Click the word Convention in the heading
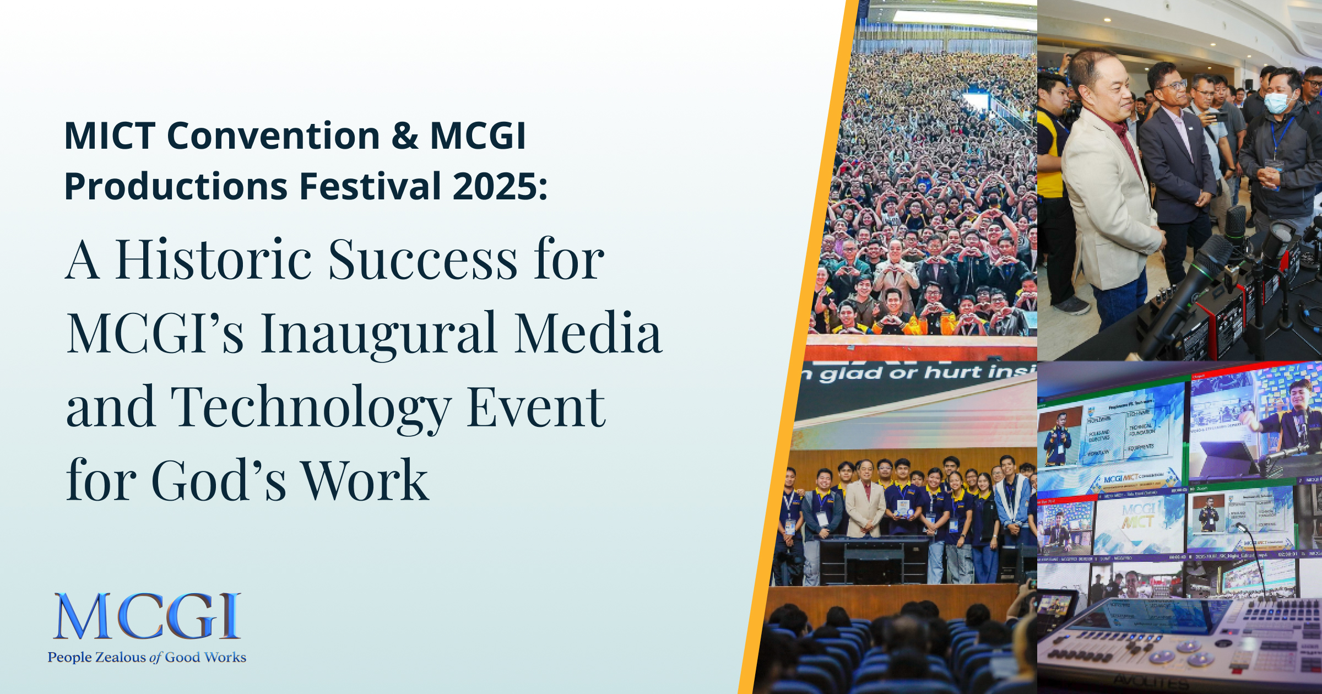[x=273, y=136]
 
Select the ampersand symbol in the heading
[x=405, y=136]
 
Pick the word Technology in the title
[x=311, y=408]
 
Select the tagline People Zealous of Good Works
[x=147, y=657]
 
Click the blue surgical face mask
[x=1276, y=102]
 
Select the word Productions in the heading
[x=176, y=186]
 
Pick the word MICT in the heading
[x=110, y=136]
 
